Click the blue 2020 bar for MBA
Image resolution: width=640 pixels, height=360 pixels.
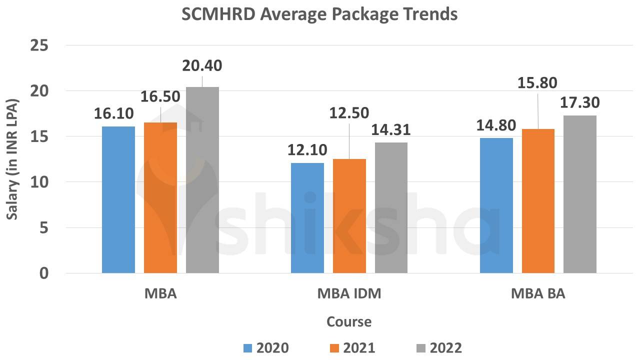point(118,200)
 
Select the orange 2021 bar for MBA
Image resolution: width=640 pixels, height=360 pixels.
point(160,198)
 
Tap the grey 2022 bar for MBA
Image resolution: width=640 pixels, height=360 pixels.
point(202,180)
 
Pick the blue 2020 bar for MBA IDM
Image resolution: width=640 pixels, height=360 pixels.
point(307,218)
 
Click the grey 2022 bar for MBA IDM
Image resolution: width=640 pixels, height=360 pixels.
point(391,208)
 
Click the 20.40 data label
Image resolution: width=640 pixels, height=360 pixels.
point(202,65)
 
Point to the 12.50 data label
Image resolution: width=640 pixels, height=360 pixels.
point(349,113)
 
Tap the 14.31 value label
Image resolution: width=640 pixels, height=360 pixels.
point(390,130)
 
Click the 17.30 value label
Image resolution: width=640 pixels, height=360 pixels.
point(579,103)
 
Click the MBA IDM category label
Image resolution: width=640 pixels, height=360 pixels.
point(349,293)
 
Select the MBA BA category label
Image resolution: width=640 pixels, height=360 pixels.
point(538,293)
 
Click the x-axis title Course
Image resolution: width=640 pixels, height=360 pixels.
point(349,321)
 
